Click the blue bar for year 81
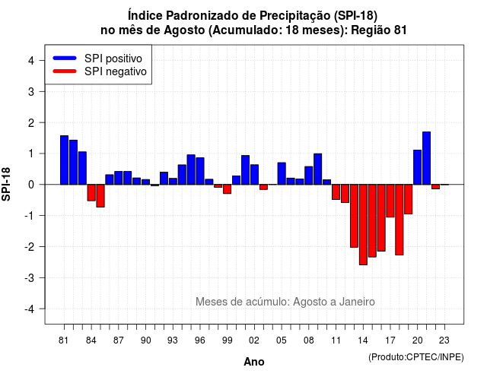pos(64,160)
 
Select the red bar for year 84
pos(91,192)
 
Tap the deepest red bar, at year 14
pos(363,225)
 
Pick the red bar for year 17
pos(390,201)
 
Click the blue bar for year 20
pos(418,167)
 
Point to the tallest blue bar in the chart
pos(426,158)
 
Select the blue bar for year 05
pos(282,173)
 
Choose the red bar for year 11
pos(336,192)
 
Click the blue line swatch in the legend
pos(65,58)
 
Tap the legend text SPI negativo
pos(116,71)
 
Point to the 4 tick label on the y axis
pos(31,61)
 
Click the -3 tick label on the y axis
pos(30,277)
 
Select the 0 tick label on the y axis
pos(31,185)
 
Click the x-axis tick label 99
pos(228,340)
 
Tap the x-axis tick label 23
pos(444,340)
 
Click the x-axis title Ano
pos(254,362)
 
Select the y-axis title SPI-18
pos(6,184)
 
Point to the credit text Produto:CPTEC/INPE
pos(416,357)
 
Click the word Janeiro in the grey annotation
pos(357,302)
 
